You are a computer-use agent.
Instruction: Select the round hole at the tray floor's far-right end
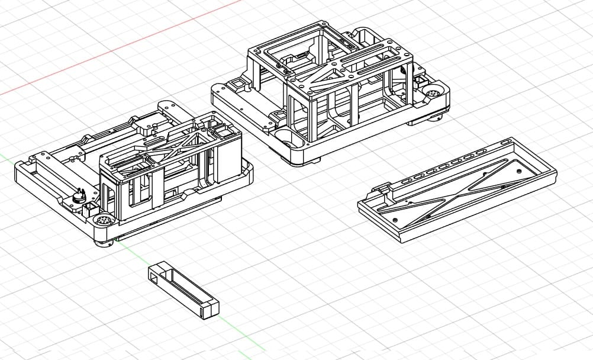519,170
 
